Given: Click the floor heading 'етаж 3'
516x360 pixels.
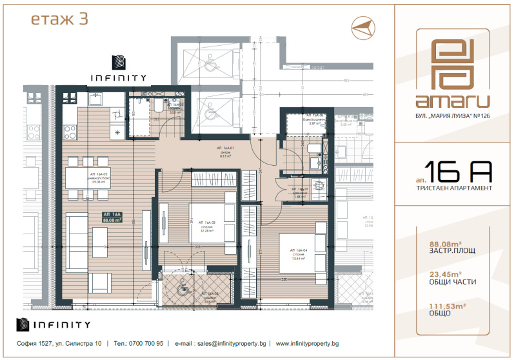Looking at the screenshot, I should point(59,19).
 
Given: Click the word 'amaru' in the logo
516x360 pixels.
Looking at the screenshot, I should point(452,101).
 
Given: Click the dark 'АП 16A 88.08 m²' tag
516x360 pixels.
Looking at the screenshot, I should point(112,217).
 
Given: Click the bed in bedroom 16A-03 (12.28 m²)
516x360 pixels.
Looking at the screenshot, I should point(209,222).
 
